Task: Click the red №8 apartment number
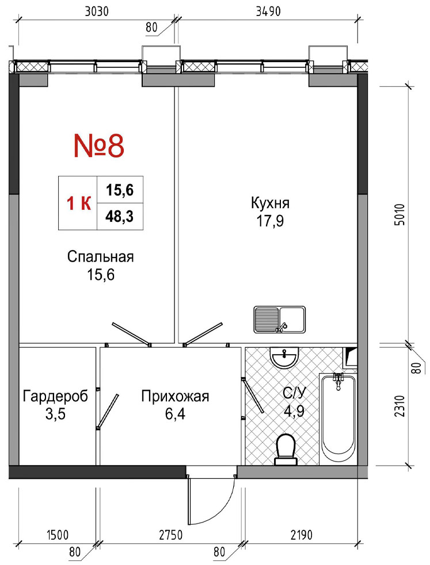[99, 145]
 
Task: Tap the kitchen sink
[280, 320]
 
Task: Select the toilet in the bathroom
[286, 449]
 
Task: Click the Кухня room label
[270, 203]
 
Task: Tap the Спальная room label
[100, 257]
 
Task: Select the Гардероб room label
[55, 397]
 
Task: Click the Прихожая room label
[175, 397]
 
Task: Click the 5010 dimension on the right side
[399, 215]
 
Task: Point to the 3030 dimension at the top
[97, 12]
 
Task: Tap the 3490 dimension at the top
[268, 12]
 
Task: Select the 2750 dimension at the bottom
[170, 535]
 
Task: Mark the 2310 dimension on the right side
[399, 406]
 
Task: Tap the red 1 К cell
[78, 204]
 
